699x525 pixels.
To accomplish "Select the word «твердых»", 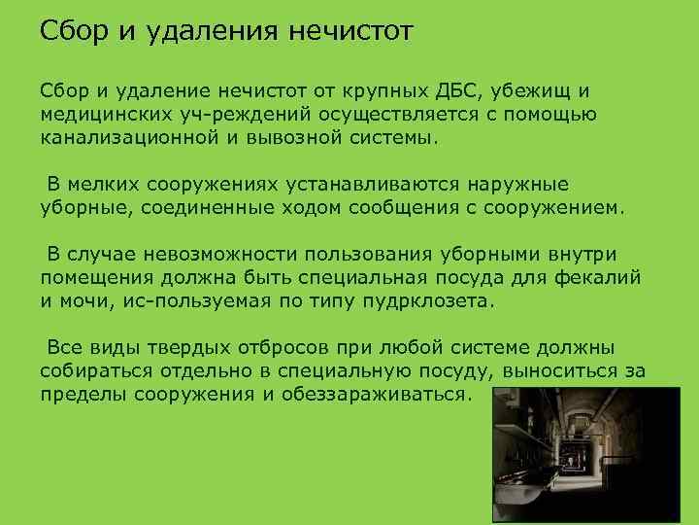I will pyautogui.click(x=224, y=348).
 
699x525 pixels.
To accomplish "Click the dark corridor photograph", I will pyautogui.click(x=583, y=453).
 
